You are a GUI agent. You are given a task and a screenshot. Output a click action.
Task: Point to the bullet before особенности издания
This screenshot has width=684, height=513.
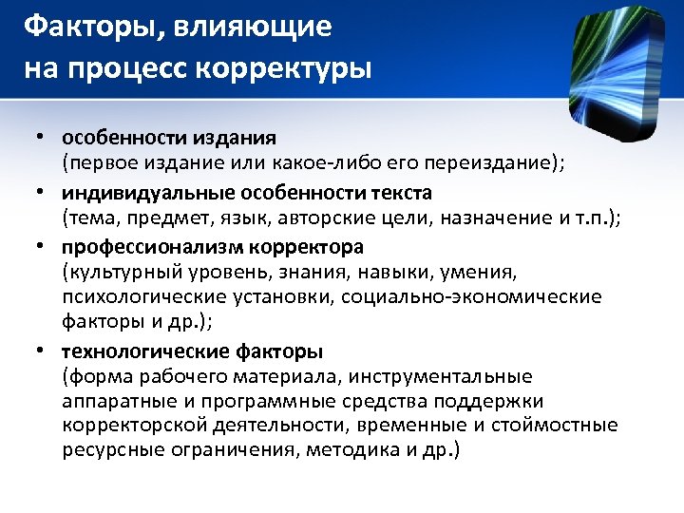coord(42,140)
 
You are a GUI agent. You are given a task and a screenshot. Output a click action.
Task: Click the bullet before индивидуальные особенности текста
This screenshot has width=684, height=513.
coord(42,194)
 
